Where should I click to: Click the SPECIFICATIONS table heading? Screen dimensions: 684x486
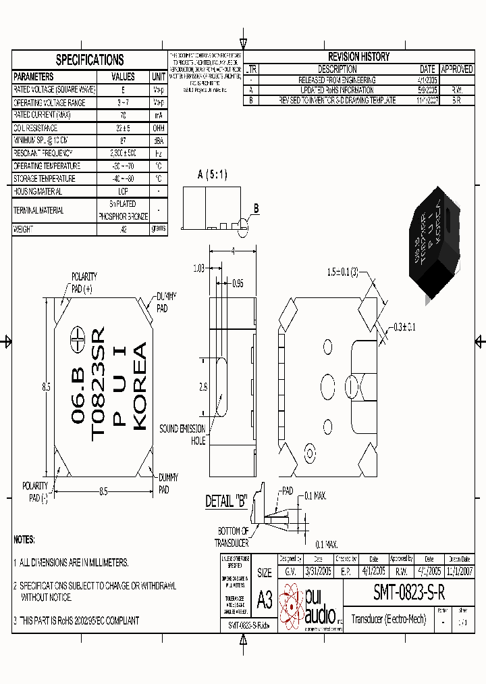tap(90, 59)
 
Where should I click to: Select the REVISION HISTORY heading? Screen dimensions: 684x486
tap(358, 57)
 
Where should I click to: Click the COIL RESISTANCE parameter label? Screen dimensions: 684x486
tap(36, 128)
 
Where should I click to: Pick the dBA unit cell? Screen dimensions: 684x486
tap(159, 141)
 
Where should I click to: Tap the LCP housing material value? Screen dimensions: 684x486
tap(123, 192)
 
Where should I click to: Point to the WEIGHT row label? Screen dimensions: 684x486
tap(24, 229)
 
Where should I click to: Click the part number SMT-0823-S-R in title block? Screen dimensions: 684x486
tap(409, 593)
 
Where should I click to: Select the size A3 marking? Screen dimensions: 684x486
tap(264, 598)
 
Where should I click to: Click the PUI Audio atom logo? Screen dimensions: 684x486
tap(292, 604)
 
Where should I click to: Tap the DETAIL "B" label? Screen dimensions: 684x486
tap(226, 502)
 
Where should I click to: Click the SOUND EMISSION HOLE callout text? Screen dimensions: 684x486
tap(182, 435)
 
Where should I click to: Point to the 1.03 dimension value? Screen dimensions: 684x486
tap(198, 268)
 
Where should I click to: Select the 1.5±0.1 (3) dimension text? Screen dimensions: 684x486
tap(344, 272)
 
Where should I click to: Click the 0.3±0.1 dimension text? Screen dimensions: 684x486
tap(406, 327)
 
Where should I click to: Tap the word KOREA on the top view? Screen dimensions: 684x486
tap(140, 386)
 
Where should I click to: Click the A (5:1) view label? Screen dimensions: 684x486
tap(212, 175)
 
